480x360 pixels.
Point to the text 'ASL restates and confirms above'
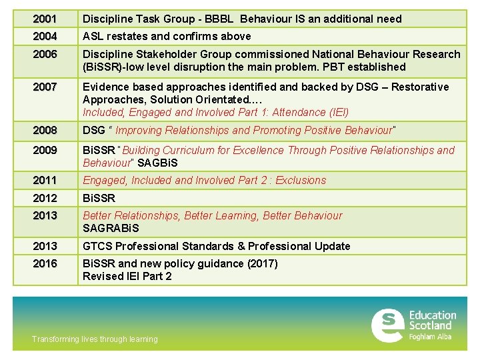(167, 36)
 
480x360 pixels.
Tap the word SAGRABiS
(111, 228)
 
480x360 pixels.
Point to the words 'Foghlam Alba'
(430, 337)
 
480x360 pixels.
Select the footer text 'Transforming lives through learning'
(95, 339)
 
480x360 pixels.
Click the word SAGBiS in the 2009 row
(157, 163)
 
